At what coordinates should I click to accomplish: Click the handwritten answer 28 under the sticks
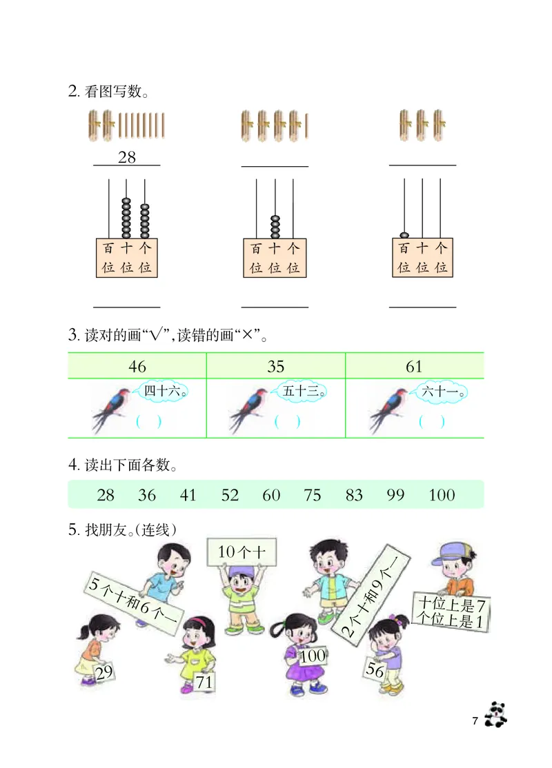click(127, 157)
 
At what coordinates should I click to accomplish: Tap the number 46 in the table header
click(137, 366)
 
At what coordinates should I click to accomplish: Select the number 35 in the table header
click(275, 366)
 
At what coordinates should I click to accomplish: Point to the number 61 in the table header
click(414, 366)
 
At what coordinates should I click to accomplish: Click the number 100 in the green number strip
click(442, 495)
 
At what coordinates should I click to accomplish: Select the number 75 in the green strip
click(312, 495)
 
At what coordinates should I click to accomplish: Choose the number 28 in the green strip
click(106, 495)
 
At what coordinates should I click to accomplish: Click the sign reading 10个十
click(241, 551)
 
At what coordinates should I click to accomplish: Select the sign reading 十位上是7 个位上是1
click(453, 612)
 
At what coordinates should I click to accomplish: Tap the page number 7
click(475, 721)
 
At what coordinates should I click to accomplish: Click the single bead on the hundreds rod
click(404, 234)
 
